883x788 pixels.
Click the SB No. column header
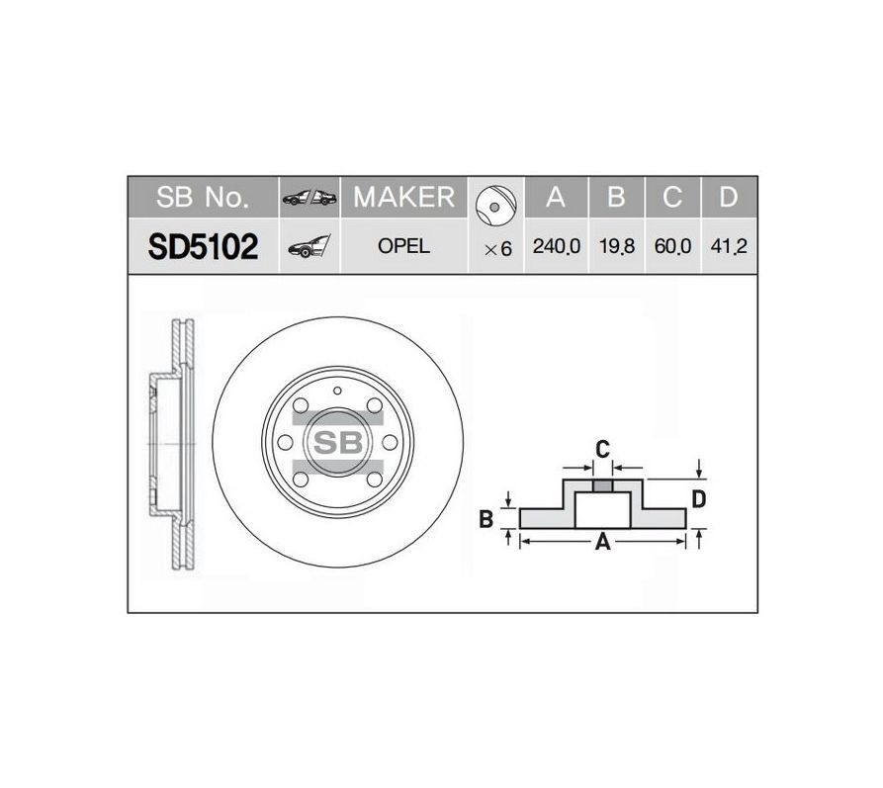pos(202,197)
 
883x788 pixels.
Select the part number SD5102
pos(203,247)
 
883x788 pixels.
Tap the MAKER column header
pos(403,197)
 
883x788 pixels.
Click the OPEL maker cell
pos(403,246)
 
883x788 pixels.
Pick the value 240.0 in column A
pos(557,246)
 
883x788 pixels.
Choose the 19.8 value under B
pos(617,246)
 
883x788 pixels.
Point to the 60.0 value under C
pos(672,246)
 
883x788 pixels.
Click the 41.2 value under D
pos(729,246)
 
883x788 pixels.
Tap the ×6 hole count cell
pos(497,248)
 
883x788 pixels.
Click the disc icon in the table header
pos(495,205)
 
